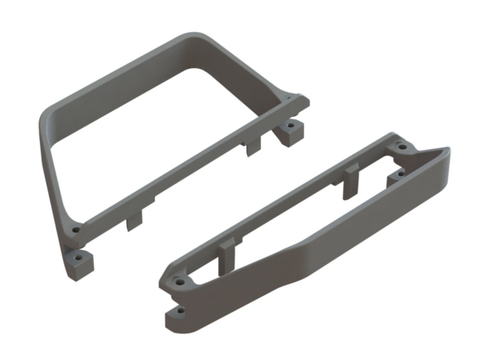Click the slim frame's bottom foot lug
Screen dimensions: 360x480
click(x=179, y=317)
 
